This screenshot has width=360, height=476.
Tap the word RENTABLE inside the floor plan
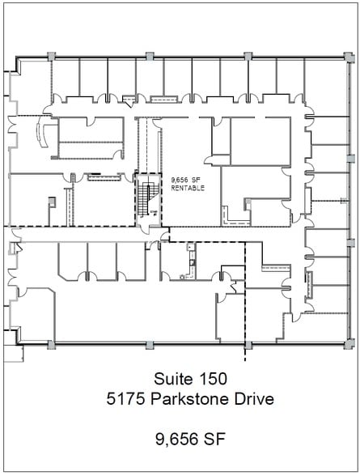[188, 188]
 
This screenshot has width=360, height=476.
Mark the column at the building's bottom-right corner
[350, 344]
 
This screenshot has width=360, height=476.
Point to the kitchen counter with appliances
[191, 261]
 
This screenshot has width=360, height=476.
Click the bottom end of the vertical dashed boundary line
[244, 359]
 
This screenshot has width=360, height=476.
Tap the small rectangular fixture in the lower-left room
[50, 201]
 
